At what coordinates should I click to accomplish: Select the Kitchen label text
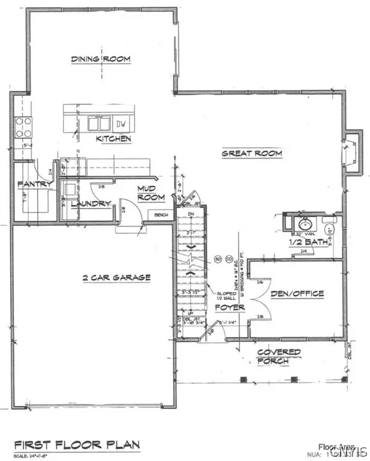point(114,139)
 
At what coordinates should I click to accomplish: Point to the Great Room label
point(252,154)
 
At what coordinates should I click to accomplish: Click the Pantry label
point(28,184)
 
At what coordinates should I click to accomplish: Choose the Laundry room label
point(91,203)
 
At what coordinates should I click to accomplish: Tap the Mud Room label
point(147,193)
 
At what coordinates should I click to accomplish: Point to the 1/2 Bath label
point(308,242)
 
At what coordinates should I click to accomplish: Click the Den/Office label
point(297,294)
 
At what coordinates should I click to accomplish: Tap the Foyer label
point(231,307)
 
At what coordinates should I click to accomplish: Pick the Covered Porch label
point(274,357)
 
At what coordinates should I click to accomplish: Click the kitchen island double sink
point(98,124)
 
